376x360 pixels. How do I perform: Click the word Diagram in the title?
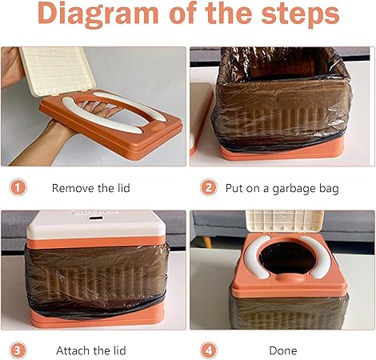pyautogui.click(x=98, y=14)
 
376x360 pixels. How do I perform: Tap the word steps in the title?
pyautogui.click(x=300, y=14)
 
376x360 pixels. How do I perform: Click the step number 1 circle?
pyautogui.click(x=18, y=188)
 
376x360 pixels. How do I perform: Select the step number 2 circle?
pyautogui.click(x=208, y=188)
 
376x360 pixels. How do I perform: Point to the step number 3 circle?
pyautogui.click(x=18, y=350)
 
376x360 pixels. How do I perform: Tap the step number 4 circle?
pyautogui.click(x=208, y=350)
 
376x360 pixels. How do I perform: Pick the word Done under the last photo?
pyautogui.click(x=283, y=350)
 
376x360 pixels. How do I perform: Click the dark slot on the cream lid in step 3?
pyautogui.click(x=97, y=218)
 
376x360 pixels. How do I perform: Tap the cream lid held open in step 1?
pyautogui.click(x=58, y=70)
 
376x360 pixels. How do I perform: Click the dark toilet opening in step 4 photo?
pyautogui.click(x=287, y=258)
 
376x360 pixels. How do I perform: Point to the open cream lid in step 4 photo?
pyautogui.click(x=285, y=221)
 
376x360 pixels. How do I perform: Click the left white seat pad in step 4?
pyautogui.click(x=256, y=257)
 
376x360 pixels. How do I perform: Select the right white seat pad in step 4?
pyautogui.click(x=316, y=258)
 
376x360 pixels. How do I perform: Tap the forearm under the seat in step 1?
pyautogui.click(x=40, y=142)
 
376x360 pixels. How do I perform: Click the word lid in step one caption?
pyautogui.click(x=123, y=188)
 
